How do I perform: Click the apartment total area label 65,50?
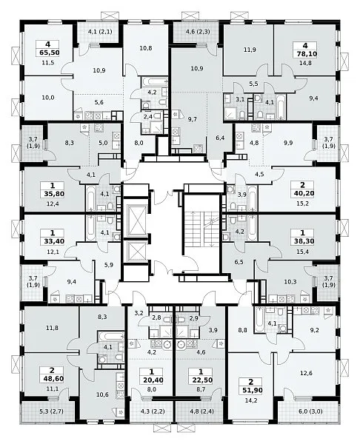coord(47,53)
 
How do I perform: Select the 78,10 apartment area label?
coord(305,54)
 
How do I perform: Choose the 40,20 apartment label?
coord(302,193)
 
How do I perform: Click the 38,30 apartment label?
coord(302,241)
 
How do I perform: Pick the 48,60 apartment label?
coord(52,379)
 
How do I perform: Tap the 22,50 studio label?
coord(201,380)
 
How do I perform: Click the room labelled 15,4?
coord(302,251)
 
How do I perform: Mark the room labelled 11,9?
coord(250,50)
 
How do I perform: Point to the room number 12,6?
coord(306,373)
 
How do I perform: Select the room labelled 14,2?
coord(251,400)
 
